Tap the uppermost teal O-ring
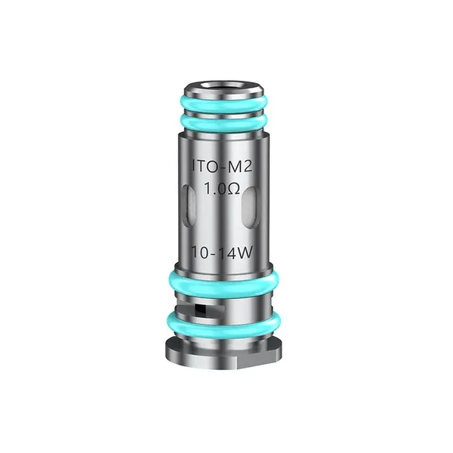click(x=226, y=103)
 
